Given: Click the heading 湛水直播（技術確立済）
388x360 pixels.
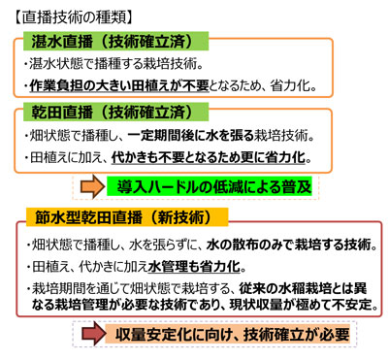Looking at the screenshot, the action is (117, 42).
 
